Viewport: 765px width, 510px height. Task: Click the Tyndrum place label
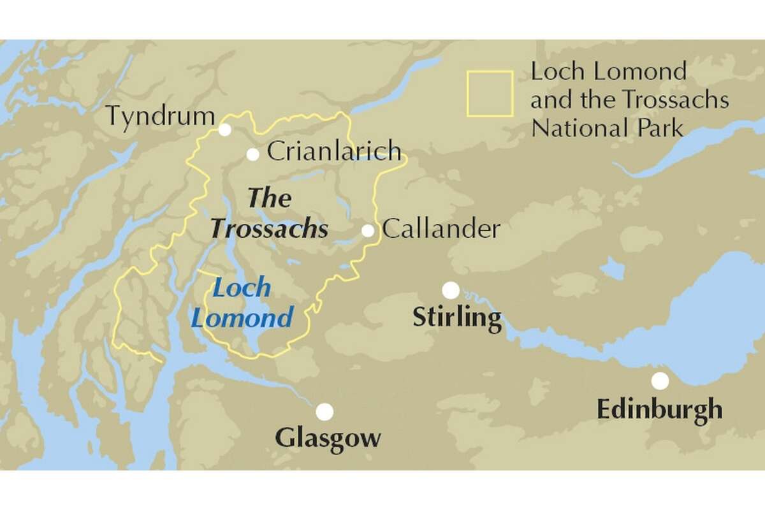pyautogui.click(x=160, y=117)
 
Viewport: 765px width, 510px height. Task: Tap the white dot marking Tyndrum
pyautogui.click(x=224, y=129)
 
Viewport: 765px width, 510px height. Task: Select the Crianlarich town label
pyautogui.click(x=334, y=152)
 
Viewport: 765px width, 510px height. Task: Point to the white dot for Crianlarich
pyautogui.click(x=253, y=154)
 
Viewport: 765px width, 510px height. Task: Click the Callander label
pyautogui.click(x=441, y=229)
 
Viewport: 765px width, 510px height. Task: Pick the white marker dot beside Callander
pyautogui.click(x=368, y=231)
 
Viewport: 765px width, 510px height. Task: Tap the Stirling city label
pyautogui.click(x=457, y=317)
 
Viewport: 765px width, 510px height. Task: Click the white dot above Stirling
pyautogui.click(x=451, y=290)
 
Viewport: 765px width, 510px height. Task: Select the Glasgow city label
pyautogui.click(x=328, y=438)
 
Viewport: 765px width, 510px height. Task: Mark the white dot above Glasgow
pyautogui.click(x=324, y=412)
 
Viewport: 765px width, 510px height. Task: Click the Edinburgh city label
pyautogui.click(x=660, y=409)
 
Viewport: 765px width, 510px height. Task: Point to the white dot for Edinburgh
pyautogui.click(x=660, y=381)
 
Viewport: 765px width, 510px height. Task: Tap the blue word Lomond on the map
pyautogui.click(x=242, y=317)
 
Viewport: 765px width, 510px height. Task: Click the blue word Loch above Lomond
pyautogui.click(x=242, y=288)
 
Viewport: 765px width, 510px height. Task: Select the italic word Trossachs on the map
pyautogui.click(x=270, y=228)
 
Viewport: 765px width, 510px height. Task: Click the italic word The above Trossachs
pyautogui.click(x=269, y=198)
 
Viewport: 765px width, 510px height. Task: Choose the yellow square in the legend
pyautogui.click(x=490, y=94)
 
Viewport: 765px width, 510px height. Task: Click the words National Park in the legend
pyautogui.click(x=607, y=127)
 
